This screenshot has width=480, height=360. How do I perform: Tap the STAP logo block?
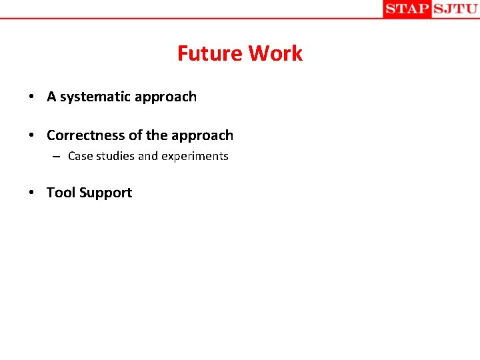(407, 9)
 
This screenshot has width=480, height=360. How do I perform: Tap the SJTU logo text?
(455, 9)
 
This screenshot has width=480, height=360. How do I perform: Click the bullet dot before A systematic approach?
(32, 97)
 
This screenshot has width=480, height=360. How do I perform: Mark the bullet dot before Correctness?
(32, 136)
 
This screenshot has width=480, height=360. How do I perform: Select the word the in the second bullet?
(157, 135)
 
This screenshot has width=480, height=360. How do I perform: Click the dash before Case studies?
(58, 157)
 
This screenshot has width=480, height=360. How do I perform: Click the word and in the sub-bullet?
(147, 156)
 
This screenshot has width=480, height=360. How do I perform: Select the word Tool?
(61, 193)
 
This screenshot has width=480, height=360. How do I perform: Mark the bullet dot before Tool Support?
(32, 193)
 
